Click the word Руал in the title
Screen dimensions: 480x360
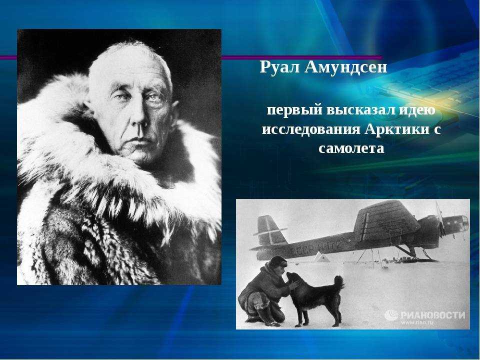tap(279, 67)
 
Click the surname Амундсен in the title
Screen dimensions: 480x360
tap(346, 67)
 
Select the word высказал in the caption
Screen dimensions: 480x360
tap(360, 110)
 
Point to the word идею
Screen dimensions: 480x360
tap(416, 110)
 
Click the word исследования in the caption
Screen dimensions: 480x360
tap(311, 129)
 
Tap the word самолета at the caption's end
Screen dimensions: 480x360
tap(351, 149)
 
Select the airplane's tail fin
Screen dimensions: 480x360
tap(266, 229)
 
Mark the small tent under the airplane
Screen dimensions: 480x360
tap(321, 257)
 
